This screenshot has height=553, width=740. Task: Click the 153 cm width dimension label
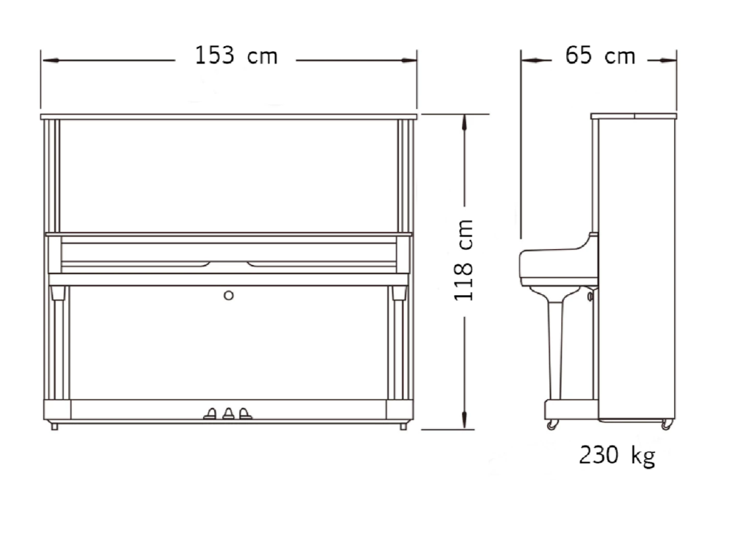(236, 56)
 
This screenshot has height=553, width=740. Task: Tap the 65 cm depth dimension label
(600, 56)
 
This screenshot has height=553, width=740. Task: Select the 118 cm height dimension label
(463, 260)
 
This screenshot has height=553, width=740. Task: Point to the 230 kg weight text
(617, 455)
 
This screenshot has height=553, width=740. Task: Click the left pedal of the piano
(210, 414)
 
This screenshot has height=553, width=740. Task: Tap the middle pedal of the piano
(229, 414)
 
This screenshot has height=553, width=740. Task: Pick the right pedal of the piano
(245, 414)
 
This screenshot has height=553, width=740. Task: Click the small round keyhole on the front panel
(229, 296)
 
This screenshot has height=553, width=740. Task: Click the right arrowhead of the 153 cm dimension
(409, 61)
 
